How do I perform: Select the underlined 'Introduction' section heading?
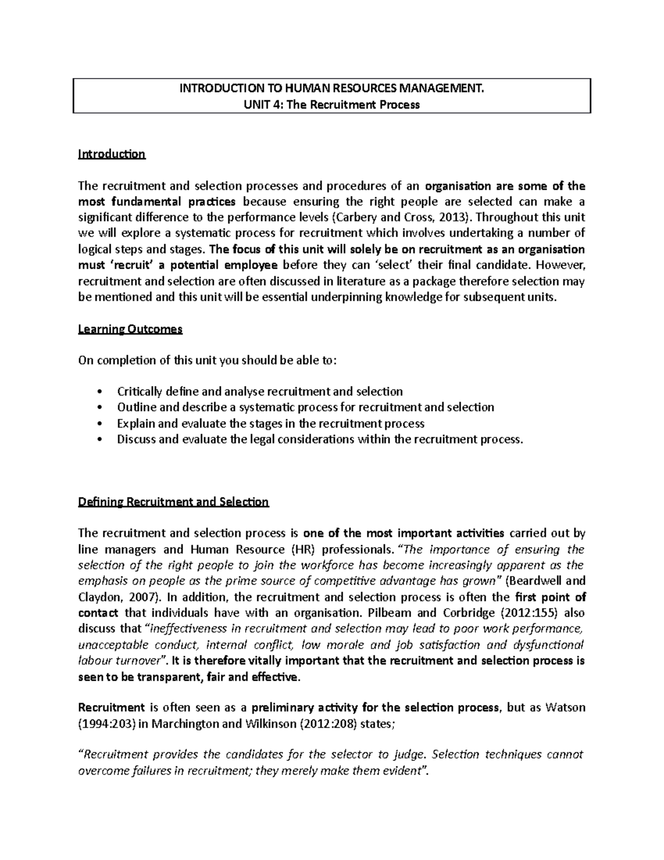pos(112,154)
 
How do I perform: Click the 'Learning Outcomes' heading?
pos(130,329)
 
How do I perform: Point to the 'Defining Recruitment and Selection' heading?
pos(173,502)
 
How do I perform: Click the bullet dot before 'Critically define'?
pos(100,392)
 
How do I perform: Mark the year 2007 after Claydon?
pos(141,598)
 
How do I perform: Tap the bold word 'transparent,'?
pos(167,677)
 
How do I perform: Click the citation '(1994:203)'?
pos(103,724)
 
